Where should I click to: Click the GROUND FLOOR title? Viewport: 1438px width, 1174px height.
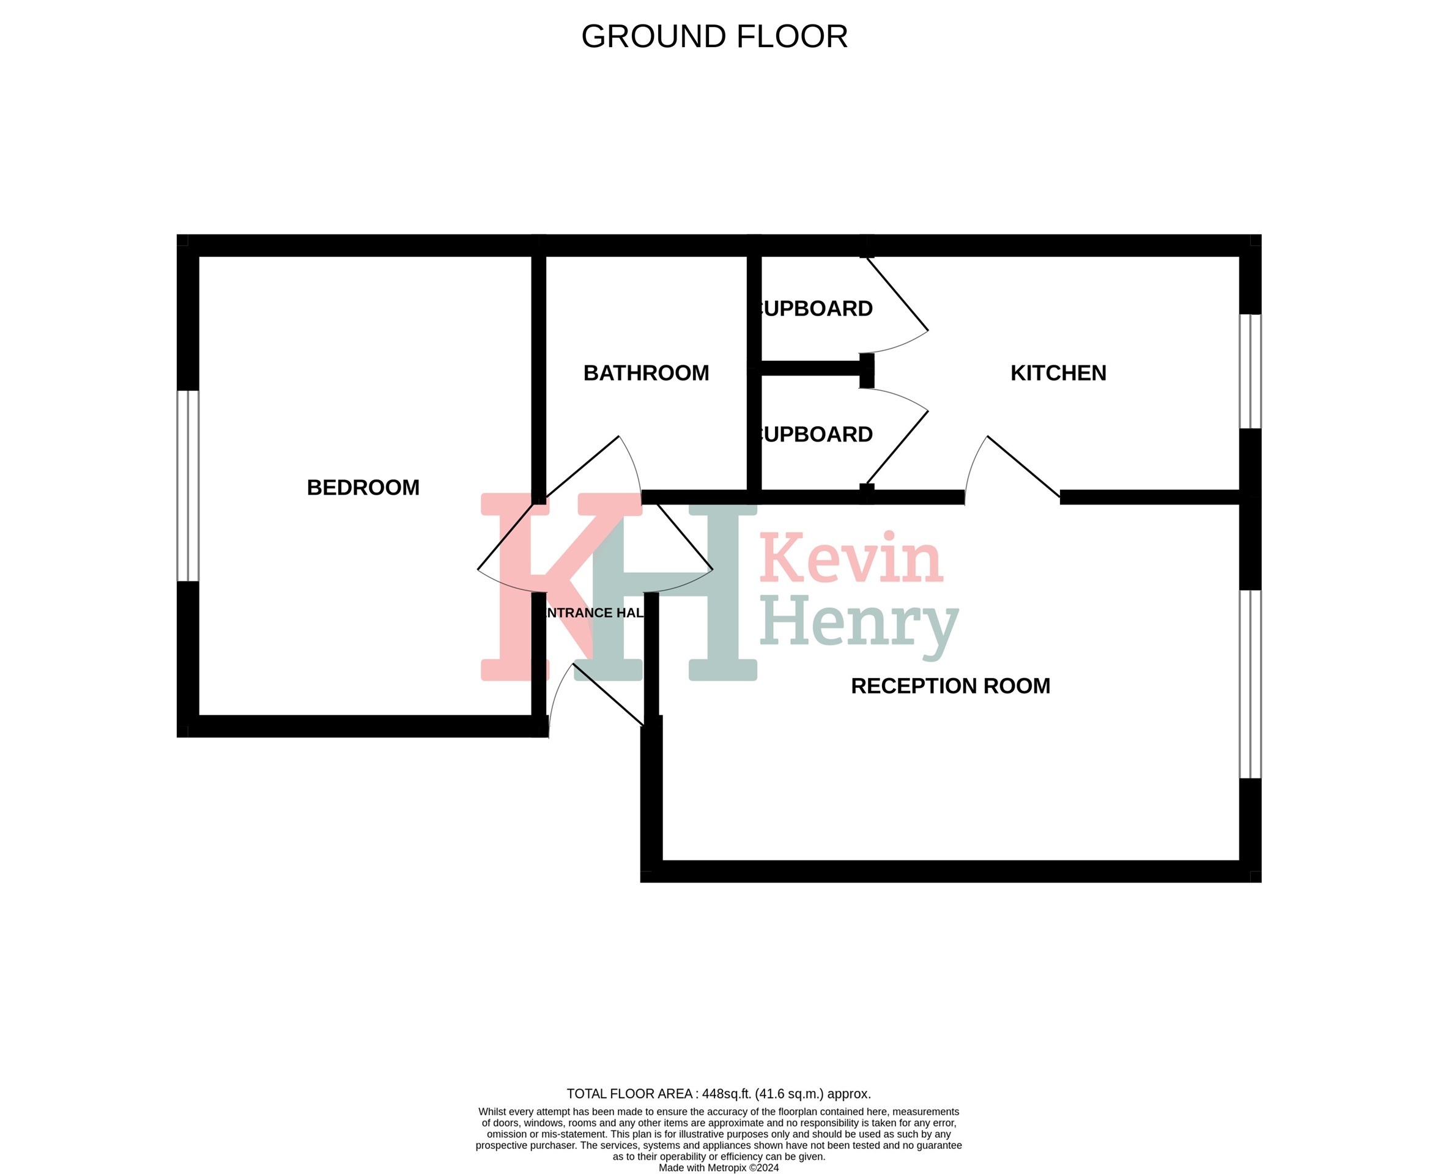pos(714,37)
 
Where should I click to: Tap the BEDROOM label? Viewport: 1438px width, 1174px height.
pos(363,487)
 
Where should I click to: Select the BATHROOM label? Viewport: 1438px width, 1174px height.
pos(646,374)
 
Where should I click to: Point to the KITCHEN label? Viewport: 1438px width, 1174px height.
pos(1058,374)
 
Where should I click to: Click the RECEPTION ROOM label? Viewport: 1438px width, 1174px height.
pos(951,685)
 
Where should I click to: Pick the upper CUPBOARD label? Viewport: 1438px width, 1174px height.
pos(817,309)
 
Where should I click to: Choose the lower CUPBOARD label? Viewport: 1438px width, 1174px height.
pos(817,434)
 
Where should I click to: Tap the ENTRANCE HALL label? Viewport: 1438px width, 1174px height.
pos(594,613)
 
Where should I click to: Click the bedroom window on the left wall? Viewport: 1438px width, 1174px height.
pos(188,485)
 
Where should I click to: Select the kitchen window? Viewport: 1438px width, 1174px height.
pos(1250,371)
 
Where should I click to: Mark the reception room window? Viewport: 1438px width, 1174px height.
pos(1250,684)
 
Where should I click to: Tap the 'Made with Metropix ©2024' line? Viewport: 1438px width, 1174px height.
pos(718,1167)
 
